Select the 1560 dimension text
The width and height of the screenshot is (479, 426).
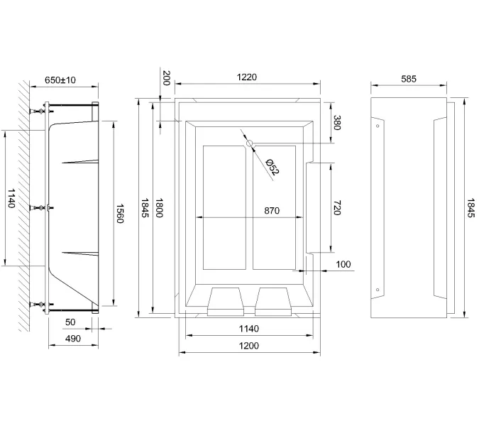point(120,212)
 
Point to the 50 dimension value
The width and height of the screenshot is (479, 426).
point(70,322)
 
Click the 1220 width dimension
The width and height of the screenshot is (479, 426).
point(246,77)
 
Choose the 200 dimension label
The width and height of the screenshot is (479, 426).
point(167,77)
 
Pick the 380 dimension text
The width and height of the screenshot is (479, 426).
point(338,123)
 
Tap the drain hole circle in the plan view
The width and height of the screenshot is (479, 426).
point(249,144)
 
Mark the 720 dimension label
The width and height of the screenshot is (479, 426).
point(338,207)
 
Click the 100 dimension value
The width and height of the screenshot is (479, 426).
point(343,264)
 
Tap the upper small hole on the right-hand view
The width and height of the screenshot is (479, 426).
point(378,125)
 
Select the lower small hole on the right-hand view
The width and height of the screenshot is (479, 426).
point(378,290)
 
